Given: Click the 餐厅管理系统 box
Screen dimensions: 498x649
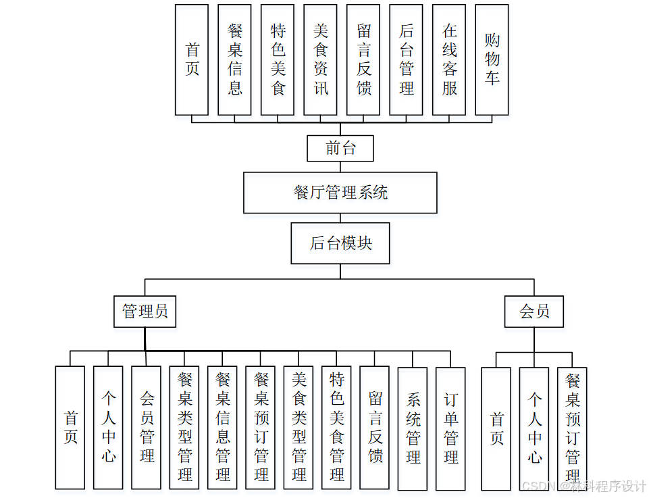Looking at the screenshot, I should (x=340, y=193).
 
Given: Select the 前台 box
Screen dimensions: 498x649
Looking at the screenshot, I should (x=340, y=148).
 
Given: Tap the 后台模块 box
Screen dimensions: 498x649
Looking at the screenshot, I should (x=340, y=243).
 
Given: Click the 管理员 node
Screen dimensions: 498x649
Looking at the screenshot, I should (x=145, y=312).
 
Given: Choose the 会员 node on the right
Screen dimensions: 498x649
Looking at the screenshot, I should (x=534, y=312).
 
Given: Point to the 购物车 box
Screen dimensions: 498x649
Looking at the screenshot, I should (x=492, y=59).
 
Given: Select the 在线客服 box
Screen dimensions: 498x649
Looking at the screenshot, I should (x=449, y=59).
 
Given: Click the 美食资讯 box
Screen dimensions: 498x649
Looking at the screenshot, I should (x=320, y=59).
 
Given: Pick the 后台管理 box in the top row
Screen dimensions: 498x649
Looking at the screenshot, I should (x=406, y=59).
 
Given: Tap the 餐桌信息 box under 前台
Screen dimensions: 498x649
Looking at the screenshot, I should (x=234, y=59).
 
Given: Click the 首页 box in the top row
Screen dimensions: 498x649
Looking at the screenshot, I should (x=192, y=59).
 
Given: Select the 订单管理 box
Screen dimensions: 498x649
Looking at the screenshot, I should (x=450, y=428).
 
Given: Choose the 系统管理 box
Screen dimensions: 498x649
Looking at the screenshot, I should (x=413, y=428).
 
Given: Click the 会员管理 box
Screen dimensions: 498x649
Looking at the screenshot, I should (x=147, y=428).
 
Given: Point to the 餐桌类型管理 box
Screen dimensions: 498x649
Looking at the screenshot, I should (x=184, y=428).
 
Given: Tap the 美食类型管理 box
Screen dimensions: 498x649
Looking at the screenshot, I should (x=298, y=428).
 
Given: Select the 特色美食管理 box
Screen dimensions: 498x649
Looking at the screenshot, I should (x=336, y=428).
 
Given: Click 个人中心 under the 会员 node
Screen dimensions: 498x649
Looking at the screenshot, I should (x=534, y=428).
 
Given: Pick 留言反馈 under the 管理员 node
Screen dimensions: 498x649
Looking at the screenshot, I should (x=375, y=428).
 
